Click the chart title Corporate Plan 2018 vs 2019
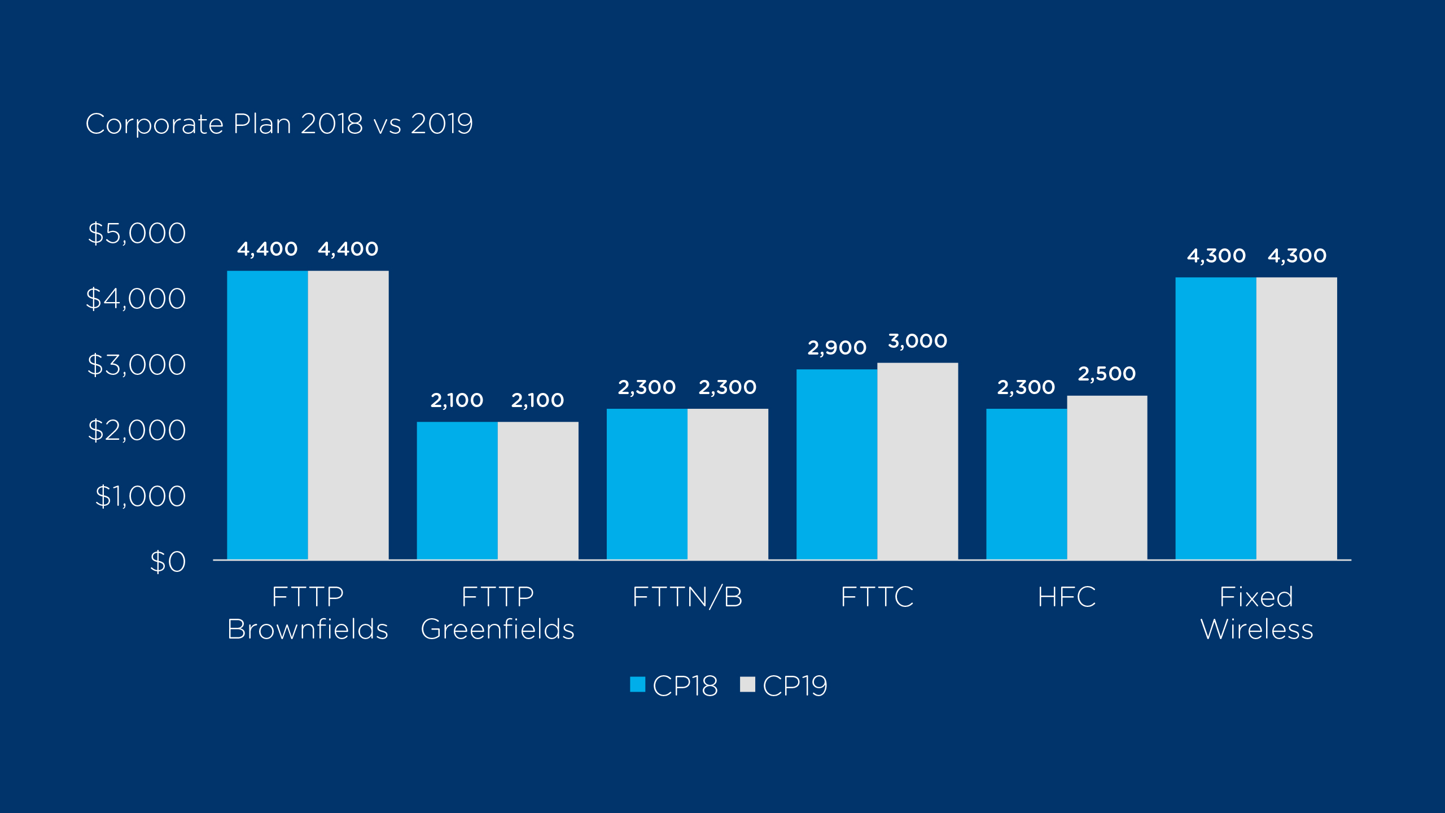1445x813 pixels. click(x=279, y=124)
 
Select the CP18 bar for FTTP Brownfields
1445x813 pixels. click(x=268, y=415)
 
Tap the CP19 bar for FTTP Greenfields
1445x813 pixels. click(x=538, y=491)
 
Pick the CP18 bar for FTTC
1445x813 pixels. click(x=837, y=464)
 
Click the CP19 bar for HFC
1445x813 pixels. click(x=1107, y=478)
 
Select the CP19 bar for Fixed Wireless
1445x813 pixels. click(x=1297, y=418)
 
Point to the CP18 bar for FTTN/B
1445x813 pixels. click(x=647, y=484)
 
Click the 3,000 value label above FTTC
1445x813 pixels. click(x=917, y=341)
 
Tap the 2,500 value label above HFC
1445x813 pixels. click(x=1106, y=374)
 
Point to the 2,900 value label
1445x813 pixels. click(x=837, y=348)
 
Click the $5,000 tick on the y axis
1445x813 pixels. click(x=137, y=233)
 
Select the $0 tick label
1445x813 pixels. click(x=168, y=562)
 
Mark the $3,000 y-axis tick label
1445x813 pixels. click(x=137, y=365)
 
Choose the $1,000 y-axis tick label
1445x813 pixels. click(x=140, y=496)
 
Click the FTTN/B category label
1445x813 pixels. click(x=688, y=597)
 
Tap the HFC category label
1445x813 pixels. click(x=1066, y=597)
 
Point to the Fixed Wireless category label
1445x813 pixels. click(x=1256, y=613)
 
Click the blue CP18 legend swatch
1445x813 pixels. click(x=637, y=684)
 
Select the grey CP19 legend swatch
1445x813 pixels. click(x=747, y=684)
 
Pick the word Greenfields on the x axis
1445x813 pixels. click(x=497, y=629)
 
